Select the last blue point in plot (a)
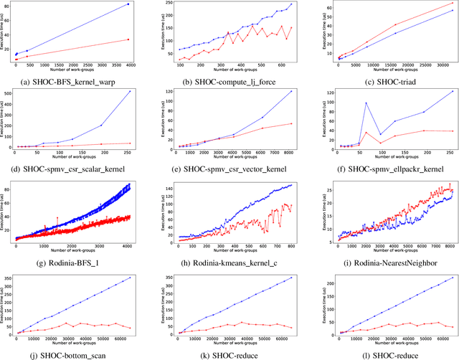coord(128,4)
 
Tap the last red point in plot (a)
coord(128,39)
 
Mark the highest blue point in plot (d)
coord(129,92)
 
